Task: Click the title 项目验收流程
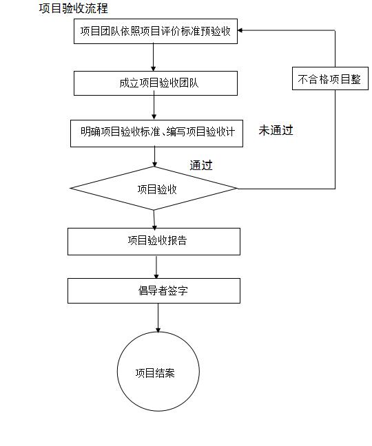point(73,9)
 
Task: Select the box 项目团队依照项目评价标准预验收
point(155,32)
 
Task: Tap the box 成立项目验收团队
point(155,83)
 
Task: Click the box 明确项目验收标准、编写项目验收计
point(157,133)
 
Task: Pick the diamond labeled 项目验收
point(154,189)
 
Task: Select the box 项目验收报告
point(154,241)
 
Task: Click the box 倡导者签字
point(154,290)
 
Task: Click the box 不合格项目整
point(329,78)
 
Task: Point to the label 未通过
point(276,130)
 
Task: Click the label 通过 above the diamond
point(200,165)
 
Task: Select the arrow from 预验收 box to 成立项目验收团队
point(153,58)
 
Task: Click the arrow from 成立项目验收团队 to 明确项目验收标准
point(154,107)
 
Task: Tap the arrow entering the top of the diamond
point(154,157)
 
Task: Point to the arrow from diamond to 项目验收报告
point(154,219)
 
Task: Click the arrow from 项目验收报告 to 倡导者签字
point(156,266)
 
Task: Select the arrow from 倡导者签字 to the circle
point(158,317)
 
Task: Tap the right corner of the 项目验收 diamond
point(236,188)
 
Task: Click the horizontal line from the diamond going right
point(286,188)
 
